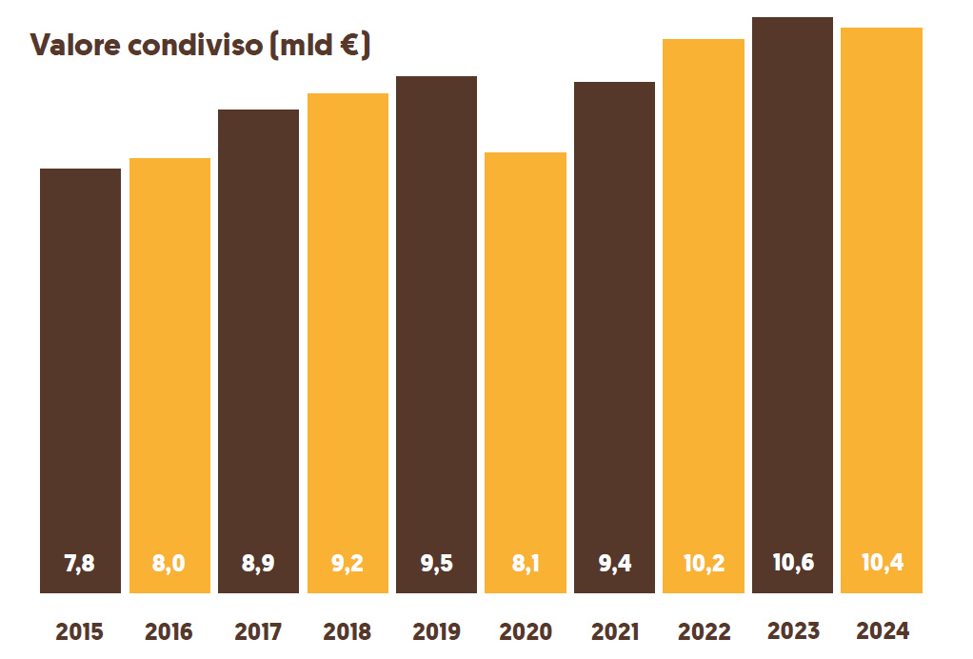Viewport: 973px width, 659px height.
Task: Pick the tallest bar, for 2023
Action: point(793,286)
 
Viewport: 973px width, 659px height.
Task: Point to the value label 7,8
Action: point(80,563)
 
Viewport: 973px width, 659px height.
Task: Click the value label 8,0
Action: point(169,563)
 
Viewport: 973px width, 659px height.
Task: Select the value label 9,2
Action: point(347,563)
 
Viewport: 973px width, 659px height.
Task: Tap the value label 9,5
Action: point(436,563)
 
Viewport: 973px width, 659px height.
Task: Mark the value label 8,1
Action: point(526,563)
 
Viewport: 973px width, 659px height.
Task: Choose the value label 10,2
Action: point(704,563)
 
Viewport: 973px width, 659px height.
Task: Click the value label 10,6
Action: point(793,562)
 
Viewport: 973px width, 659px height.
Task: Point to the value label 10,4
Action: point(883,562)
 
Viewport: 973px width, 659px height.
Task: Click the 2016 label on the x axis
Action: point(169,631)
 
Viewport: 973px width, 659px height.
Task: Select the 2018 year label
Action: point(347,631)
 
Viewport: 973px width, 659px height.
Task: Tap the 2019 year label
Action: point(436,631)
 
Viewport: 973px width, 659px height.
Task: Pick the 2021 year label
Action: point(615,631)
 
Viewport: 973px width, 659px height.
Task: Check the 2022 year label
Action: point(704,631)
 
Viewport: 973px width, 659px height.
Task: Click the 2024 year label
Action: point(883,630)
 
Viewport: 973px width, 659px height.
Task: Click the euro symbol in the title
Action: point(348,45)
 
